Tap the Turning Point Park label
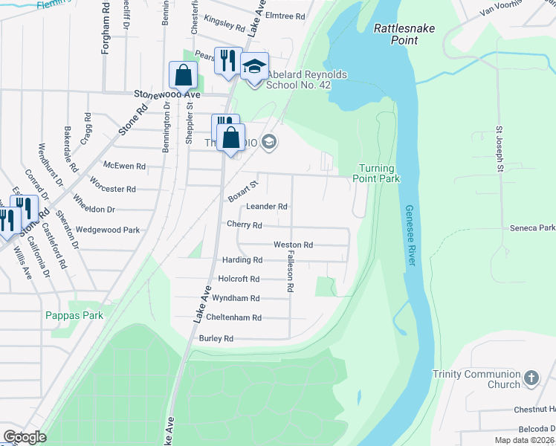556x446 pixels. (380, 173)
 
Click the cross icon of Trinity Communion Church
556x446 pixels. (531, 378)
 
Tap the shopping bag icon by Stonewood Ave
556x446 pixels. (183, 75)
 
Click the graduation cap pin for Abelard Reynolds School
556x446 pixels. (254, 67)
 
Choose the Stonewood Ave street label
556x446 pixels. (167, 95)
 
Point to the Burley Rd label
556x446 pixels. (216, 338)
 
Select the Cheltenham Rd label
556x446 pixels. (236, 317)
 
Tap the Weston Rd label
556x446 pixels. (293, 245)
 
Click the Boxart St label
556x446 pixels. (243, 189)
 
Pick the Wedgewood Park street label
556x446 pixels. (108, 230)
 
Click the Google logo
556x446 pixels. (25, 436)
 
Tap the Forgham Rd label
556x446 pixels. (106, 33)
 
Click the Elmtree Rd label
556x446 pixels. (285, 15)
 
